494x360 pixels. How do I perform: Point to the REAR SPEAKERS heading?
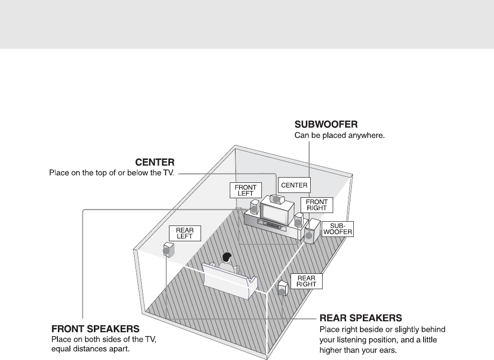(x=360, y=317)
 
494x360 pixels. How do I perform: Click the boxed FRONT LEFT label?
(x=244, y=191)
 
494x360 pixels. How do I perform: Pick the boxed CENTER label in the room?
(x=294, y=185)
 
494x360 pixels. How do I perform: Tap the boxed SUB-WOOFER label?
(x=337, y=229)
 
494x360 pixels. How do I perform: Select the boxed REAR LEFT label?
(x=184, y=234)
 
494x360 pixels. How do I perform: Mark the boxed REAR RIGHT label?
(x=306, y=281)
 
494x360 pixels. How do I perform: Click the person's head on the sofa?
(x=227, y=257)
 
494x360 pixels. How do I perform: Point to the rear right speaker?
(x=283, y=288)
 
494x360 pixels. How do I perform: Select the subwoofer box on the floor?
(x=312, y=232)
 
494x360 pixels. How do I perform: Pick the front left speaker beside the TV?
(x=255, y=207)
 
